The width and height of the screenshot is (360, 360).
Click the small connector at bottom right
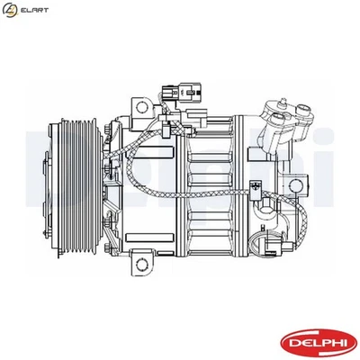click(x=259, y=191)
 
